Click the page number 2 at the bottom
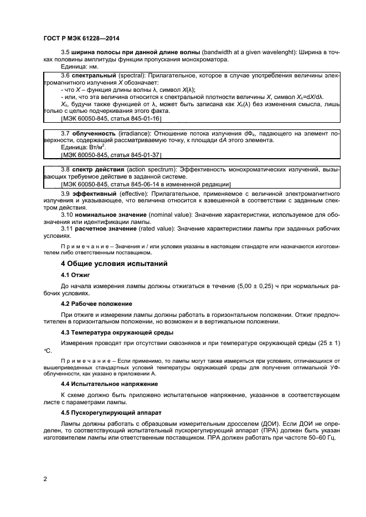[x=44, y=478]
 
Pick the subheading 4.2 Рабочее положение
[x=96, y=304]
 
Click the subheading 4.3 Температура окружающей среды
[x=117, y=332]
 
